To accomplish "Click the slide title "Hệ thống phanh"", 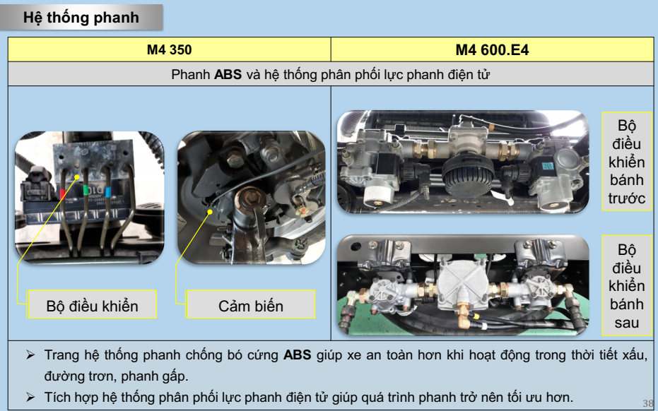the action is [x=81, y=18].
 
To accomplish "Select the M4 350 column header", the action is [x=169, y=49].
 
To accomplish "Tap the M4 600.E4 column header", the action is [x=492, y=49].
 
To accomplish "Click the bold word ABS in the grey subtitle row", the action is [x=228, y=75].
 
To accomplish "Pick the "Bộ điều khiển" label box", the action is [x=92, y=304].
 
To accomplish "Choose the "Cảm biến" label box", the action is [x=250, y=304].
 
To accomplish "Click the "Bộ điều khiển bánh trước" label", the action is [x=626, y=162].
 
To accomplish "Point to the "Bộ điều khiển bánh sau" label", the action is [x=626, y=286].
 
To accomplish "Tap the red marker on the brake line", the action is [x=62, y=194].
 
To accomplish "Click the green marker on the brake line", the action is [x=86, y=190].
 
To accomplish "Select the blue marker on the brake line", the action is [x=108, y=192].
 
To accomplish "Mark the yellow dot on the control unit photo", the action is [x=77, y=178].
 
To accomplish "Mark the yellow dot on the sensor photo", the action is [x=210, y=213].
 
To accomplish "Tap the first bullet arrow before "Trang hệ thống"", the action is [x=30, y=355].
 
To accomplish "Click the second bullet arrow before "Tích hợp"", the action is [x=30, y=397].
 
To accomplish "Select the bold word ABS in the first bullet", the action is [x=297, y=355].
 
